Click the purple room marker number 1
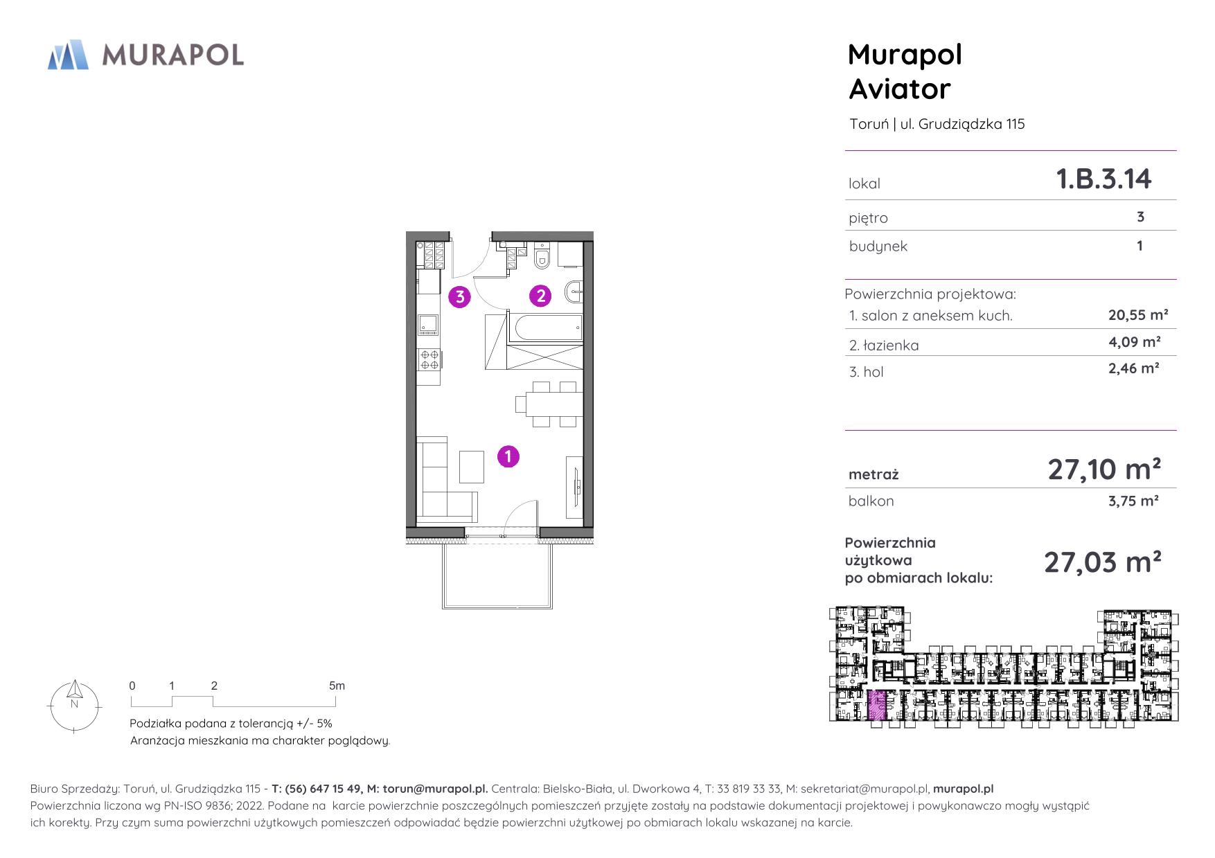click(508, 456)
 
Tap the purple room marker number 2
click(540, 296)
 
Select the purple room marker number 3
click(460, 297)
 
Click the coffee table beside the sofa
click(472, 466)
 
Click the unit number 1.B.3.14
click(1103, 179)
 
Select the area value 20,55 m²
click(1138, 315)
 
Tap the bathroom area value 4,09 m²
click(1134, 341)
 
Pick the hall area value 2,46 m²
click(1134, 368)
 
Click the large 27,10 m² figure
click(1104, 470)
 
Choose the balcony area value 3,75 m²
click(1133, 501)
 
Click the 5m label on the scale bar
click(337, 686)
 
